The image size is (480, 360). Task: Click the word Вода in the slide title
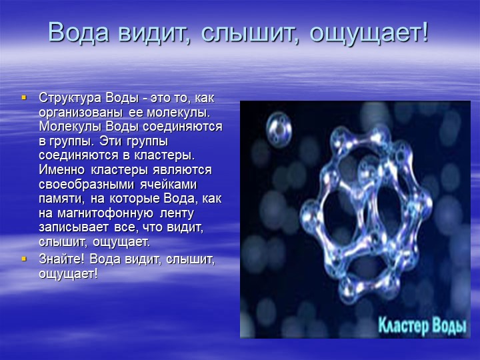click(x=79, y=32)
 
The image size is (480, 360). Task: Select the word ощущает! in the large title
click(x=369, y=33)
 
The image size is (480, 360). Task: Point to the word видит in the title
click(x=153, y=33)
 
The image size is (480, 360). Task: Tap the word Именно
click(x=61, y=169)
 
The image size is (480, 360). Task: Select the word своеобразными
click(x=87, y=184)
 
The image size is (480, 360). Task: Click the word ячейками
click(x=169, y=184)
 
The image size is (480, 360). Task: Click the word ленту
click(x=177, y=213)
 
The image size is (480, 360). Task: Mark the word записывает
click(x=73, y=227)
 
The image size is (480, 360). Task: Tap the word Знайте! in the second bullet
click(x=61, y=259)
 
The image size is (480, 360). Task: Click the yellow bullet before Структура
click(x=24, y=98)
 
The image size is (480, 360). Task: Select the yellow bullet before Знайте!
click(x=24, y=259)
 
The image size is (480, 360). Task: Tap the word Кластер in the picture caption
click(x=403, y=325)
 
